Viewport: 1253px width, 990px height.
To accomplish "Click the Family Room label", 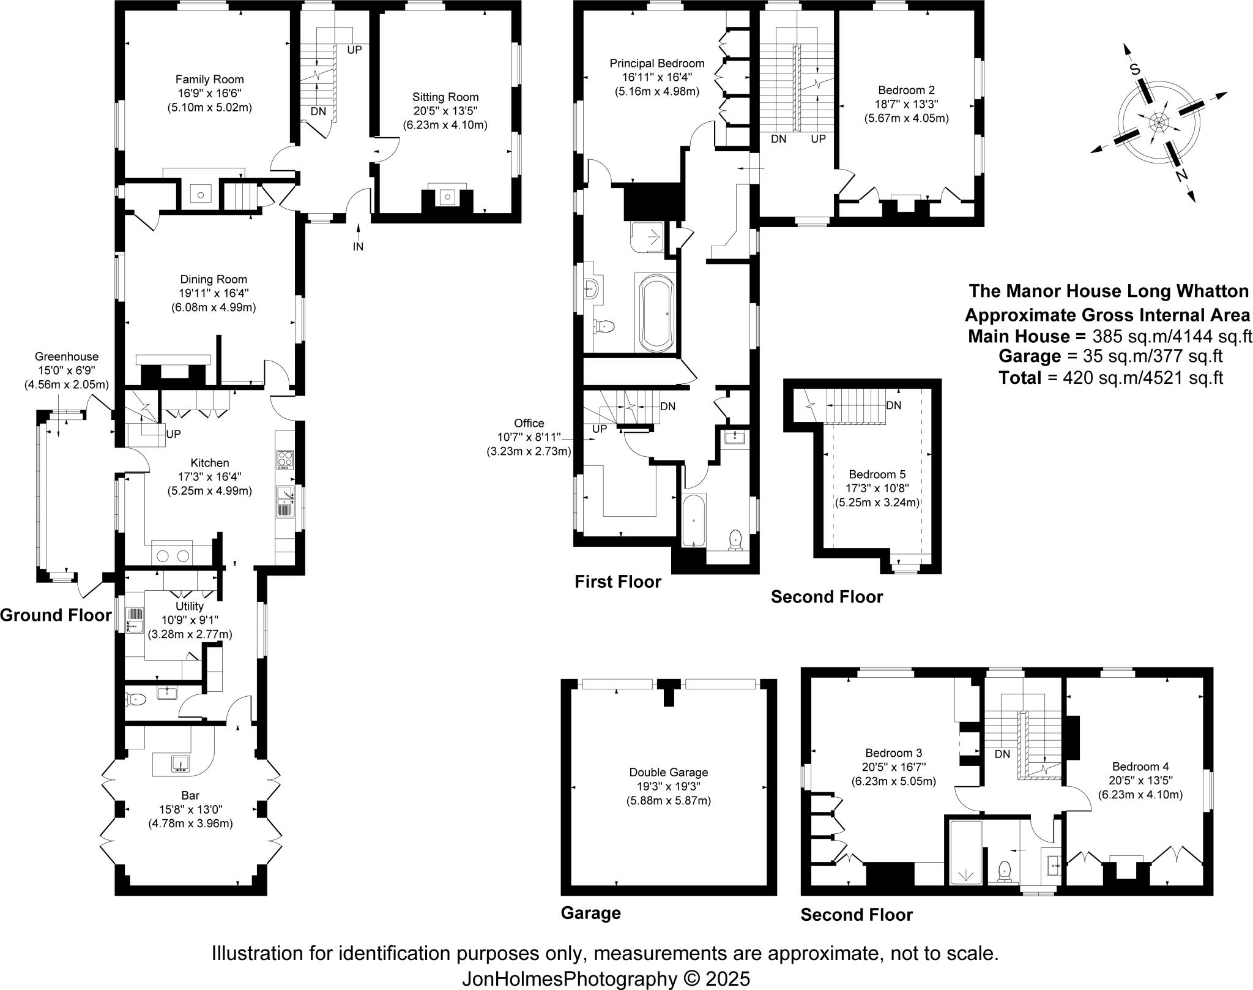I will pyautogui.click(x=209, y=80).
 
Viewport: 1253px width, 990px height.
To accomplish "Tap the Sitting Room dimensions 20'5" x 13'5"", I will pyautogui.click(x=445, y=111).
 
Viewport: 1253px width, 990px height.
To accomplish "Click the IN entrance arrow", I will pyautogui.click(x=358, y=247).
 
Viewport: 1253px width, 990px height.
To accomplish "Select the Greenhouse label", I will pyautogui.click(x=66, y=356).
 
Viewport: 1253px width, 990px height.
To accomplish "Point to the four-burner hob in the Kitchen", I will pyautogui.click(x=285, y=459).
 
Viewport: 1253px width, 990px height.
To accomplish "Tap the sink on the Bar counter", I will pyautogui.click(x=180, y=763).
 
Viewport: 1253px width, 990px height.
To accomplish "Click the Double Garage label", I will pyautogui.click(x=668, y=773).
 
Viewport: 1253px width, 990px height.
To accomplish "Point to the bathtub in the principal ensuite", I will pyautogui.click(x=656, y=312).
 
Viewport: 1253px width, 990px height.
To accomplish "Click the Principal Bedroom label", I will pyautogui.click(x=656, y=63).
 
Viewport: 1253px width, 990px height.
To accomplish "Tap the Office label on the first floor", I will pyautogui.click(x=529, y=423).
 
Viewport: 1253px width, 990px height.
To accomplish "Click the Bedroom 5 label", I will pyautogui.click(x=877, y=474).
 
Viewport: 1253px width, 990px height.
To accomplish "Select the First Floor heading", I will pyautogui.click(x=617, y=582).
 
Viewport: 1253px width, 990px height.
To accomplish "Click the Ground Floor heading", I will pyautogui.click(x=56, y=615).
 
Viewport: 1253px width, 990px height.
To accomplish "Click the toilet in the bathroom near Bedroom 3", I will pyautogui.click(x=1004, y=871).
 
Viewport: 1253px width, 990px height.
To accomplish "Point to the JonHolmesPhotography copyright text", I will pyautogui.click(x=605, y=978).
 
